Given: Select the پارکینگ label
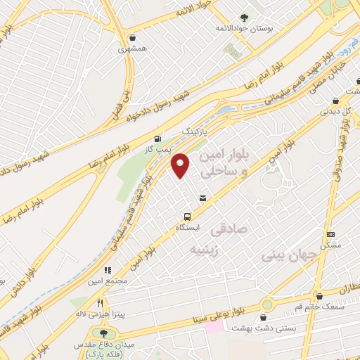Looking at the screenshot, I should point(196,131).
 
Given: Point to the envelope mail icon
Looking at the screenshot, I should point(203,199).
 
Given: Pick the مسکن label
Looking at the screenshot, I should point(330,245).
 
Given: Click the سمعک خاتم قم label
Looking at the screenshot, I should point(319,306).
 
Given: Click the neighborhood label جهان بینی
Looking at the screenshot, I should point(283,255).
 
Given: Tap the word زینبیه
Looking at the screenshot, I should point(207,251).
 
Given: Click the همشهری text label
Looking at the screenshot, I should point(134,50).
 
